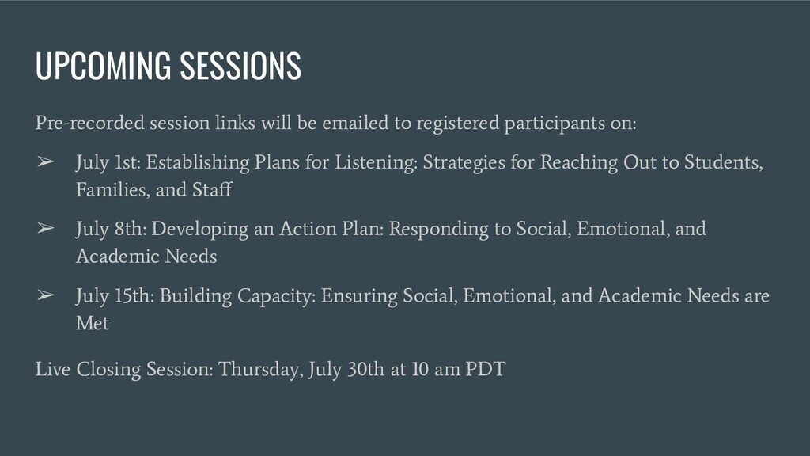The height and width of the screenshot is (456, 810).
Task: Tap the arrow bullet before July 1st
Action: click(45, 161)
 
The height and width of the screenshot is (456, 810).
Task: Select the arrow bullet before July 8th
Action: click(45, 228)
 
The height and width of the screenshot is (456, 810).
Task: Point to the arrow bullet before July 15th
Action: click(45, 294)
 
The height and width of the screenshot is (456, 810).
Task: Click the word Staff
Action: click(212, 189)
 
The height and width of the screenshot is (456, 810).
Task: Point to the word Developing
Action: click(199, 230)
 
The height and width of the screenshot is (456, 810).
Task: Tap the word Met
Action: click(93, 323)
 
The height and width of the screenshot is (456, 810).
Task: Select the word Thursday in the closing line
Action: click(261, 370)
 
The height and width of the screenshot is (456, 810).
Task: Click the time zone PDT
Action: click(486, 369)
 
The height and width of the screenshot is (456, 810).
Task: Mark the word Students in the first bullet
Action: click(724, 162)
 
